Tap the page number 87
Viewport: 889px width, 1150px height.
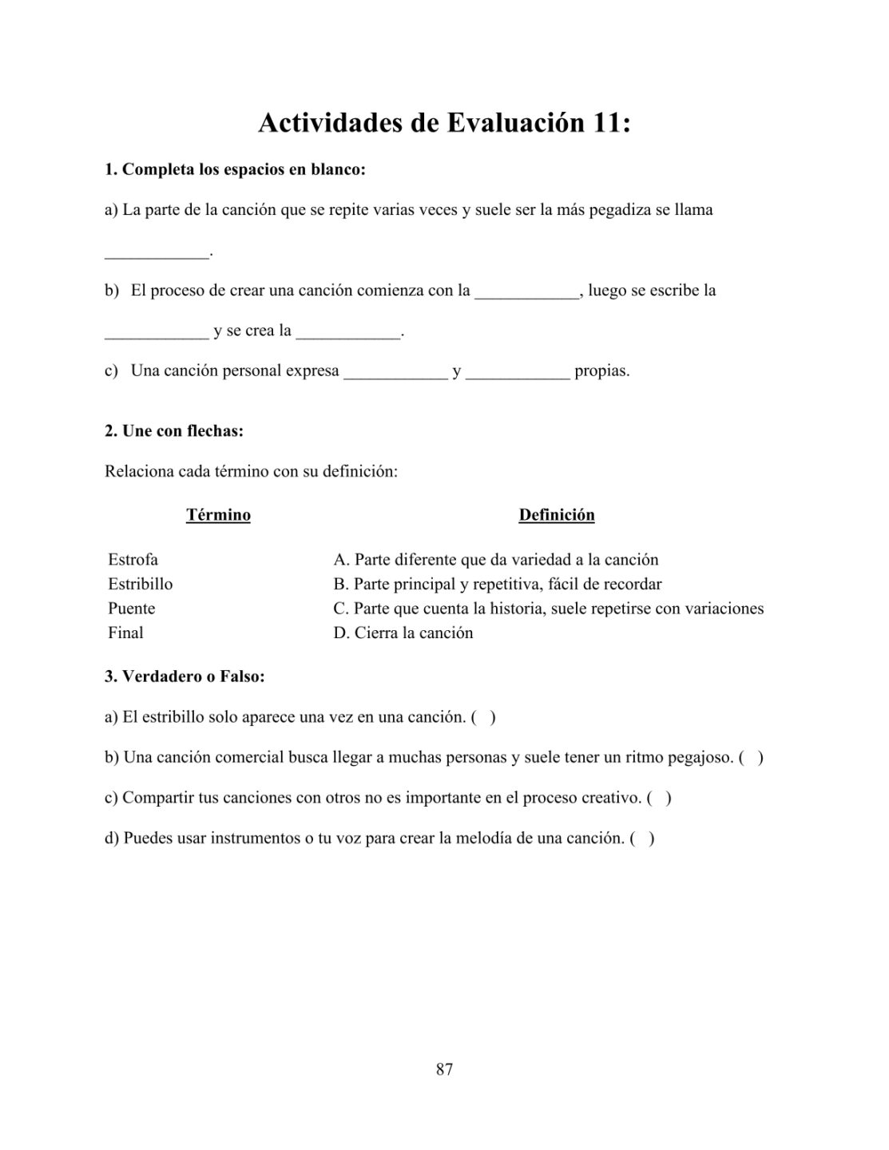point(445,1069)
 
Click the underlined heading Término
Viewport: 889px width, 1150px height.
point(218,515)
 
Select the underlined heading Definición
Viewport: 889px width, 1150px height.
point(557,515)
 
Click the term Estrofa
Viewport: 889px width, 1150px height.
point(133,560)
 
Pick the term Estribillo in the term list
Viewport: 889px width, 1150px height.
point(140,584)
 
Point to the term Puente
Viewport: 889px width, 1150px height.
point(132,609)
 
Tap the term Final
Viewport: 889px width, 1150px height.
point(125,633)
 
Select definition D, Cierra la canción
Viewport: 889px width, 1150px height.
point(403,633)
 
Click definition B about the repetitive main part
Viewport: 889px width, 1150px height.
point(498,584)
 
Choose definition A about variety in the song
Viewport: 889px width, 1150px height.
point(496,560)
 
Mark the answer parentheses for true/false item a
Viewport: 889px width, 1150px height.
point(483,717)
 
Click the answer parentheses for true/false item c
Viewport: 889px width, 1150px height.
point(659,798)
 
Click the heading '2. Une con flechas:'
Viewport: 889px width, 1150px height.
point(174,431)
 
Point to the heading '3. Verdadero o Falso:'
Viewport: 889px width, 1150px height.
point(185,676)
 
